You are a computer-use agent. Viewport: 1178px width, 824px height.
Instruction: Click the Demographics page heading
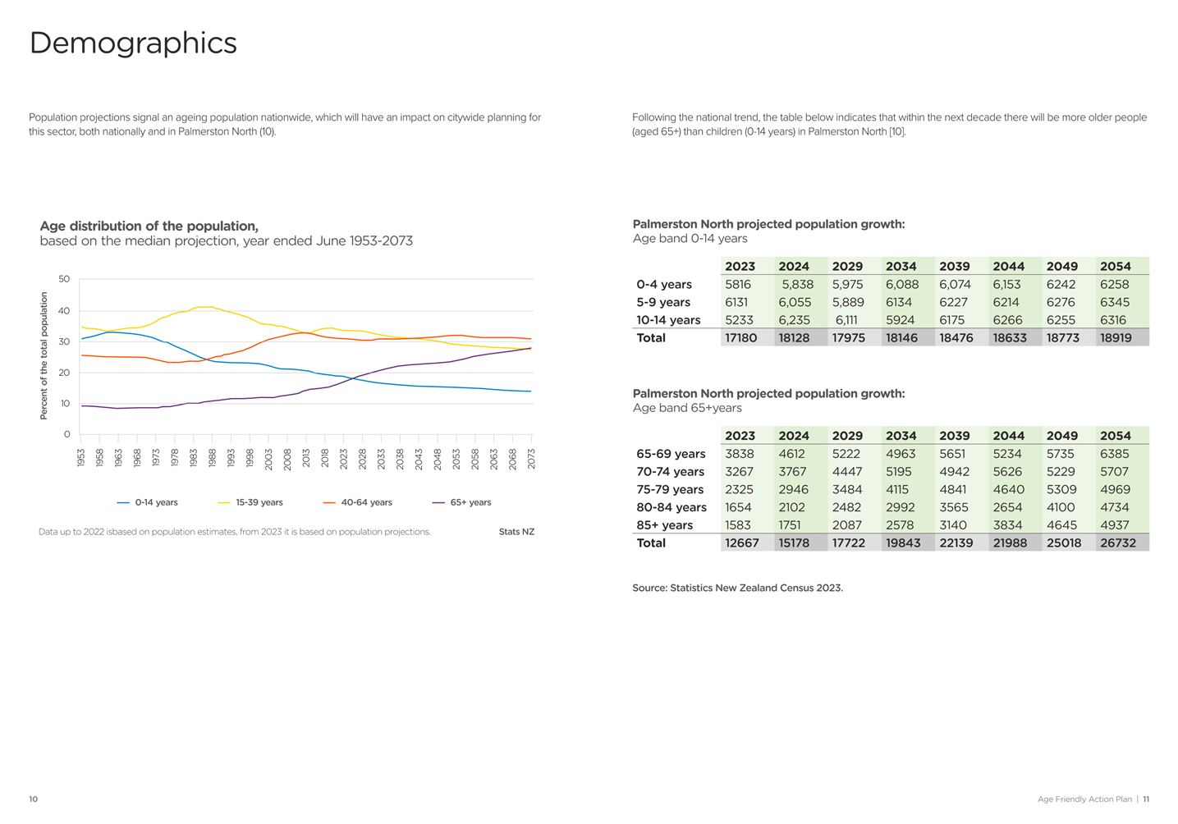[x=133, y=43]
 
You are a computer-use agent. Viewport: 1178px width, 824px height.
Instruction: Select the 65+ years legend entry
[x=461, y=502]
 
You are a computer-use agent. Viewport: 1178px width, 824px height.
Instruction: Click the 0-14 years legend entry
[x=147, y=502]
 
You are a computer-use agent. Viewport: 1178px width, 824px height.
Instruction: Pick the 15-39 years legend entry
[x=250, y=502]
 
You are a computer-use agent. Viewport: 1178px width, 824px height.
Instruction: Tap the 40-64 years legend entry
[x=358, y=502]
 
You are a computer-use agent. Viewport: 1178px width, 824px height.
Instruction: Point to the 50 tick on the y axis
[x=64, y=279]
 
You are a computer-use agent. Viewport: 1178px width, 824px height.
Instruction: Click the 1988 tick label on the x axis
[x=212, y=458]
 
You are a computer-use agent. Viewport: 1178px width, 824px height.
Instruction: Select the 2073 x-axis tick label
[x=531, y=458]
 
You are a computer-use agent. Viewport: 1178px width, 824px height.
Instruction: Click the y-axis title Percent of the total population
[x=44, y=355]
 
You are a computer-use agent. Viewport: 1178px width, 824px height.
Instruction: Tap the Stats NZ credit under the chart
[x=516, y=532]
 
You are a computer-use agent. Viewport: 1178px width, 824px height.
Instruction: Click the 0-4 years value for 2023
[x=738, y=285]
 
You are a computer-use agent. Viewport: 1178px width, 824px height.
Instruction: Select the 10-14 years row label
[x=668, y=320]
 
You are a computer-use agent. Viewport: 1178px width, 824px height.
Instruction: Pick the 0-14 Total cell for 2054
[x=1116, y=337]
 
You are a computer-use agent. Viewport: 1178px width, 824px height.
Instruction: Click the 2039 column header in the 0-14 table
[x=955, y=266]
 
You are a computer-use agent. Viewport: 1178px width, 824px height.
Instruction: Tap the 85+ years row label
[x=665, y=524]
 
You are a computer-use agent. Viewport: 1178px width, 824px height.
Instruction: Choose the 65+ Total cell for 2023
[x=741, y=542]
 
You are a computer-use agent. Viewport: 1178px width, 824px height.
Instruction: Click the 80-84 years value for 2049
[x=1061, y=507]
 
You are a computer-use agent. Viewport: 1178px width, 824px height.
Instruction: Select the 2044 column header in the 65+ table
[x=1009, y=436]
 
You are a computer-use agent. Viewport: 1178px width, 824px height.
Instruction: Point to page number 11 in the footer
[x=1146, y=799]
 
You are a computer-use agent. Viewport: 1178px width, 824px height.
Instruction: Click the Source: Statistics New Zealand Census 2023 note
[x=737, y=588]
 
